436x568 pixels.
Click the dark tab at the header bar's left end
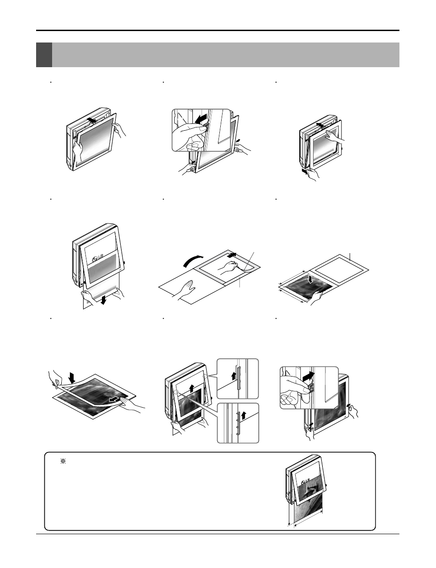44,55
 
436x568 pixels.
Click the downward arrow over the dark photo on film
311,278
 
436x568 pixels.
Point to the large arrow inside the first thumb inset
200,120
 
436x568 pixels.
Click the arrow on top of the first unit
92,121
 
